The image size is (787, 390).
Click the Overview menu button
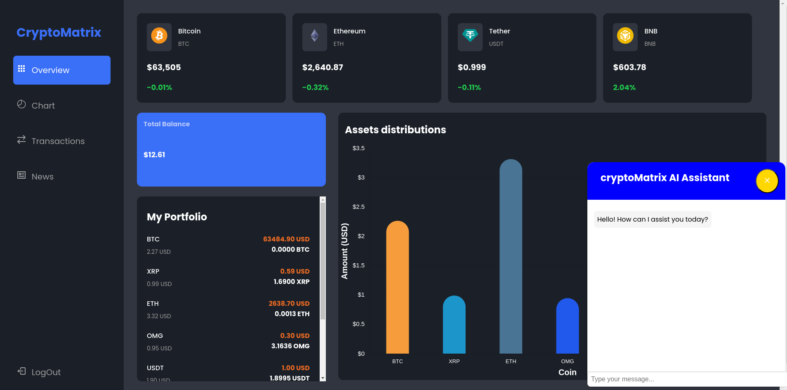tap(62, 70)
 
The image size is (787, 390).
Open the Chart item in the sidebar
tap(43, 106)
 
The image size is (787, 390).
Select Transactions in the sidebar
tap(58, 141)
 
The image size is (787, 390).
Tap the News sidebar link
tap(42, 177)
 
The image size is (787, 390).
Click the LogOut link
tap(46, 372)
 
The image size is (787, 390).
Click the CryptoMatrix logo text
tap(59, 33)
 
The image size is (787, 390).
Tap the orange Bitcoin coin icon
tap(159, 36)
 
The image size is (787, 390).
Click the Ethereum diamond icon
tap(315, 36)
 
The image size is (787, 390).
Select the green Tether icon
tap(470, 36)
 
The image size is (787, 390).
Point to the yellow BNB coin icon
tap(625, 36)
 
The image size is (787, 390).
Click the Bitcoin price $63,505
tap(164, 67)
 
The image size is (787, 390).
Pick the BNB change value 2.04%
tap(624, 87)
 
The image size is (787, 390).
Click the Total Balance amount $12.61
tap(154, 155)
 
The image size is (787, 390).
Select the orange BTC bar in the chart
tap(397, 289)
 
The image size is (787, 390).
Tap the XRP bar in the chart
tap(454, 326)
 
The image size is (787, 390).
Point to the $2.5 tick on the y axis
tap(358, 207)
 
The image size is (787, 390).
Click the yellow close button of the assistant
tap(767, 181)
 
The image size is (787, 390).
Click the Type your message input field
tap(685, 379)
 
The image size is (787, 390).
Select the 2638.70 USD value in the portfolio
tap(289, 304)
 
